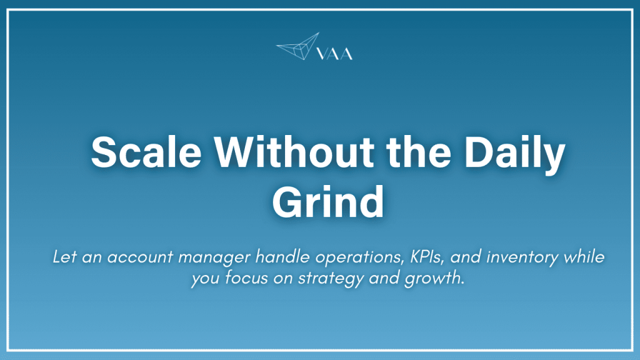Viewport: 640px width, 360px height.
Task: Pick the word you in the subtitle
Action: pos(202,278)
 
